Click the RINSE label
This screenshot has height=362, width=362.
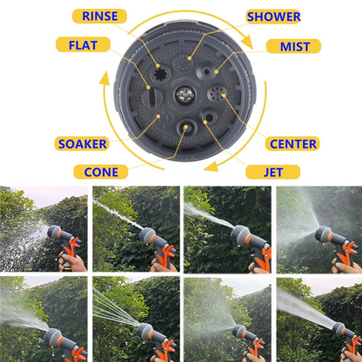tap(99, 16)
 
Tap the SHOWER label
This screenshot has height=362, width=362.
tap(273, 16)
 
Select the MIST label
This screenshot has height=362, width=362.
tap(293, 46)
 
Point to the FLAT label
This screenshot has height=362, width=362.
tap(83, 44)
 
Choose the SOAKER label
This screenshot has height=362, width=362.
tap(82, 143)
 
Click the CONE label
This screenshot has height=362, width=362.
tap(101, 172)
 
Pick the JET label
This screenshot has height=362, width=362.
tap(273, 172)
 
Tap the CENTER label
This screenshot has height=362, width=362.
tap(292, 143)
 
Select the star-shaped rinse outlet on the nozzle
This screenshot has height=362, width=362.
tap(159, 75)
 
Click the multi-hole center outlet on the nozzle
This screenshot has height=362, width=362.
tap(216, 93)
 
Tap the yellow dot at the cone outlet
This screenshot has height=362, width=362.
tap(185, 127)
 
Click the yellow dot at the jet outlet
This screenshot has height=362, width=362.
tap(205, 122)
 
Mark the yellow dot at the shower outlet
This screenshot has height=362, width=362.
tap(190, 58)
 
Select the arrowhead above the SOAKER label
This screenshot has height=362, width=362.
tap(104, 78)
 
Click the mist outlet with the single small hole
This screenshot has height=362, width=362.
tap(206, 71)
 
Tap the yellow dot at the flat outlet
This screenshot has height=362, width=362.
tap(149, 87)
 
